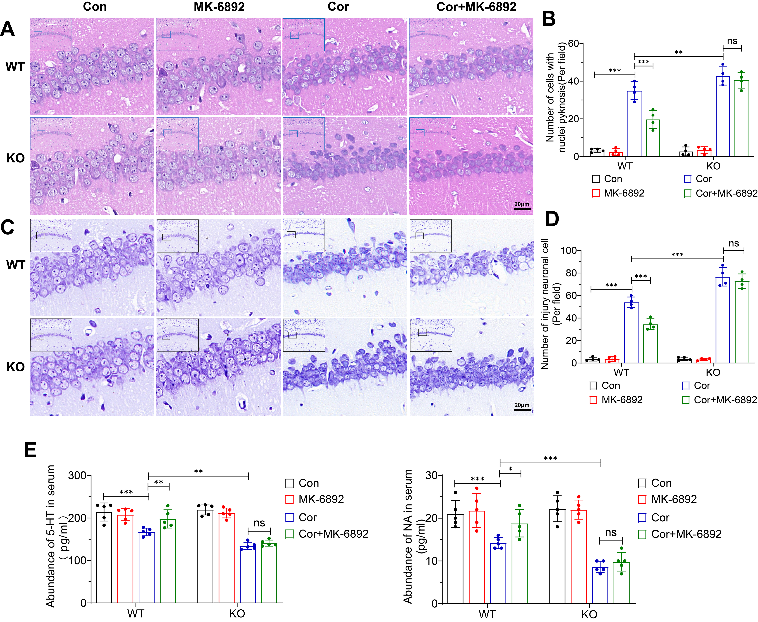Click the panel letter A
pyautogui.click(x=8, y=29)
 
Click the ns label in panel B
pyautogui.click(x=732, y=41)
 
